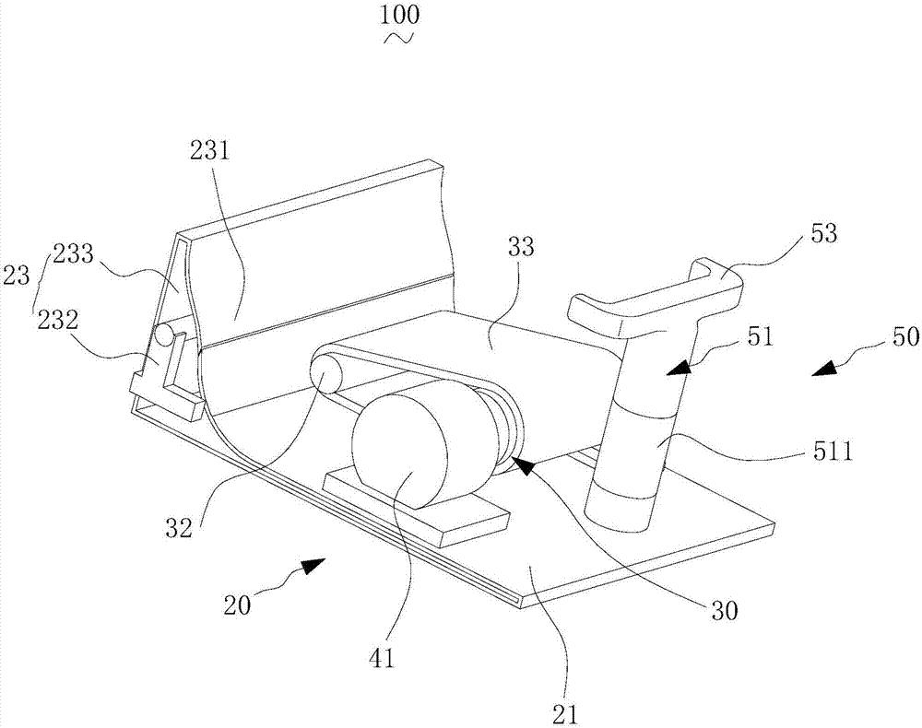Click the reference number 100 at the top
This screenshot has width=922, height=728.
400,15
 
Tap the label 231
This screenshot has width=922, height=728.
209,152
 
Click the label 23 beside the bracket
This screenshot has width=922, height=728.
16,275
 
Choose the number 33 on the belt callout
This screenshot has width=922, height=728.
520,247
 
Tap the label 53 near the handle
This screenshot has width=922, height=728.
823,234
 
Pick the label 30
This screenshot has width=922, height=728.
724,610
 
